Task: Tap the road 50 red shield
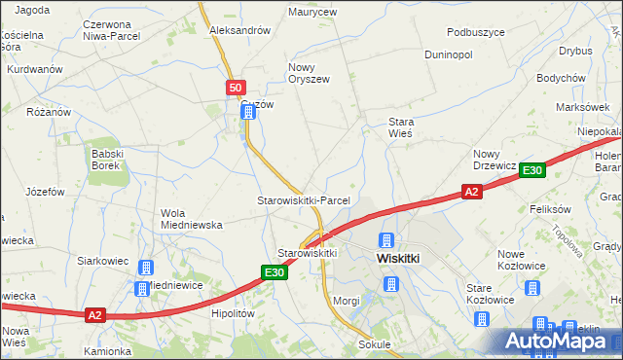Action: click(x=236, y=88)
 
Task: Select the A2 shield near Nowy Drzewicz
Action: click(x=471, y=193)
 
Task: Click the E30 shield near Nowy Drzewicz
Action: click(x=531, y=171)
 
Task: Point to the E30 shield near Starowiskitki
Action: click(x=275, y=273)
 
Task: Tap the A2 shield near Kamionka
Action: click(x=94, y=315)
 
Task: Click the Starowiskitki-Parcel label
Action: click(x=303, y=200)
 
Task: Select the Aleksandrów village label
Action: click(x=239, y=30)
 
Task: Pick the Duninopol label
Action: click(x=448, y=54)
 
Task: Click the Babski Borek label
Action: click(x=104, y=159)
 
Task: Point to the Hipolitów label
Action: click(x=233, y=314)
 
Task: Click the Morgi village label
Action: click(x=346, y=301)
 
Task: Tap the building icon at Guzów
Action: click(x=248, y=113)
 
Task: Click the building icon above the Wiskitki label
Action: click(x=386, y=239)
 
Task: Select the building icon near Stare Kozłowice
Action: click(x=532, y=288)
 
